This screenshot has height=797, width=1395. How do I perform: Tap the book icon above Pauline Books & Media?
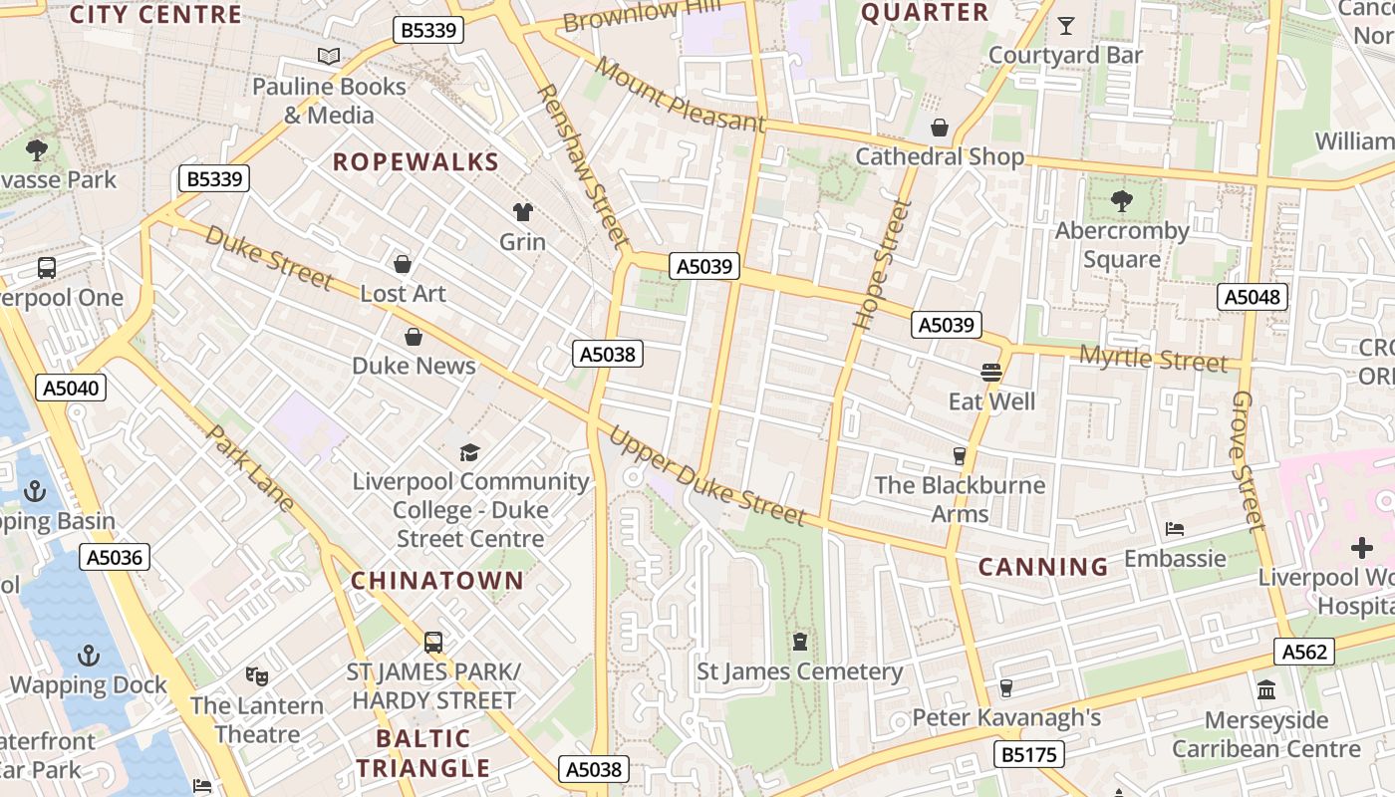tap(329, 57)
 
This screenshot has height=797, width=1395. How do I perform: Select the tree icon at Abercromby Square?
tap(1122, 201)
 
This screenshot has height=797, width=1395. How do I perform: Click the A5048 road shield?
tap(1253, 297)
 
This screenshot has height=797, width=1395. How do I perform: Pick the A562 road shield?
tap(1304, 652)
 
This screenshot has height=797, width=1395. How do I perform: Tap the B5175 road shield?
tap(1028, 754)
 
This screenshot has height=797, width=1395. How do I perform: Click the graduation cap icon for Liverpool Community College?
tap(469, 453)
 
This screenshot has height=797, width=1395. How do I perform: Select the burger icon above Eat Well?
tap(990, 373)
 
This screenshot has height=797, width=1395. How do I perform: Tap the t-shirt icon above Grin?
tap(522, 211)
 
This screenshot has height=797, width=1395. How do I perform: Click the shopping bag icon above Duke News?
tap(414, 337)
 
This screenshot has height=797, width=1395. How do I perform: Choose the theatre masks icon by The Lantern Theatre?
tap(257, 676)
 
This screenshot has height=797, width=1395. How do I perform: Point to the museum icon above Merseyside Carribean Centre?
tap(1266, 689)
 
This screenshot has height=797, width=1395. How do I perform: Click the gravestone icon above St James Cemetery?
tap(799, 641)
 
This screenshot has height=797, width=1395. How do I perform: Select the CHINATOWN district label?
tap(436, 581)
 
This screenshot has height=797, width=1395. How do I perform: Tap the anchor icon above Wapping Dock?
tap(89, 656)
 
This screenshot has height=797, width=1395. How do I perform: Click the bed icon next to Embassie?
tap(1175, 529)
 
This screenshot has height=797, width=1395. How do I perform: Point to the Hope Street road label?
tap(870, 265)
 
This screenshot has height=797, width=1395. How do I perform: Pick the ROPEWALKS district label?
tap(416, 162)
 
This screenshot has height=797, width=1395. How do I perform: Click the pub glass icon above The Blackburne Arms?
tap(960, 455)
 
